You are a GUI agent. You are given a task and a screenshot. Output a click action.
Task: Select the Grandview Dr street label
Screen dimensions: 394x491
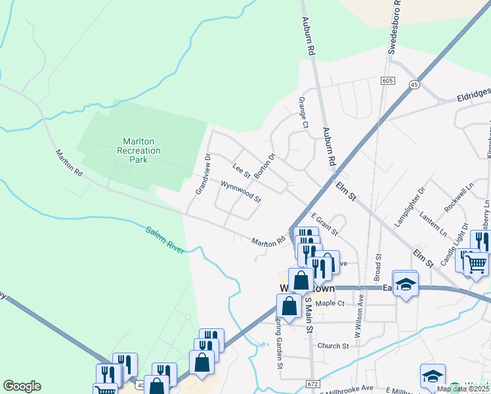[202, 175]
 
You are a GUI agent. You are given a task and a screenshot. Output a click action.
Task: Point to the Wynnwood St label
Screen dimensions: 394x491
[241, 192]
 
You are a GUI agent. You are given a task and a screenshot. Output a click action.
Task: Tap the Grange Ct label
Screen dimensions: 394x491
[303, 112]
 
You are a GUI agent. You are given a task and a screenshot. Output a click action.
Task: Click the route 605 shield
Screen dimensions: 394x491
[387, 80]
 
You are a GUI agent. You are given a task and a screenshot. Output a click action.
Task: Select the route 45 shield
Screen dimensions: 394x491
[414, 85]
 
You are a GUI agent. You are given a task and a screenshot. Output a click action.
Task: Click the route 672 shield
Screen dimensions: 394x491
[312, 383]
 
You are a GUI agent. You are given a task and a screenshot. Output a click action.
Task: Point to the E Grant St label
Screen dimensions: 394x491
[324, 224]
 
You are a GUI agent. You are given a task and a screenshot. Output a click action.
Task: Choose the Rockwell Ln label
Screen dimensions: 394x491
[458, 198]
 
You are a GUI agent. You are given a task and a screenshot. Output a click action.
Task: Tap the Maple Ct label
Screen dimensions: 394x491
[330, 303]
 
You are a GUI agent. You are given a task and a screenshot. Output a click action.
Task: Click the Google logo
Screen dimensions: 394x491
[22, 386]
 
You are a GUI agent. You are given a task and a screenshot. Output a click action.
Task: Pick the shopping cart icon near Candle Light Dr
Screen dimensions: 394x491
[476, 265]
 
